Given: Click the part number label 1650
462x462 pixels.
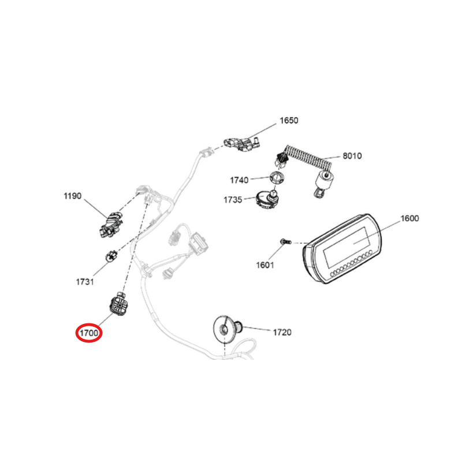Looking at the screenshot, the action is pyautogui.click(x=289, y=121).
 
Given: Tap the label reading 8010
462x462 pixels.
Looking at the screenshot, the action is pyautogui.click(x=352, y=155).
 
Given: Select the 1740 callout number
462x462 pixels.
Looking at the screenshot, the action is pyautogui.click(x=239, y=180).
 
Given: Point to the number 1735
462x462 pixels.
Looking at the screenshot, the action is pyautogui.click(x=233, y=200).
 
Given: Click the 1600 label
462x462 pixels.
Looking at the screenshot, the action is pyautogui.click(x=409, y=218).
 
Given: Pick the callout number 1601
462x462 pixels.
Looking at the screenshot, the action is pyautogui.click(x=265, y=265).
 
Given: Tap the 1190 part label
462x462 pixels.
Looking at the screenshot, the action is pyautogui.click(x=73, y=196).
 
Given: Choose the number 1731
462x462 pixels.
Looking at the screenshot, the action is pyautogui.click(x=85, y=282).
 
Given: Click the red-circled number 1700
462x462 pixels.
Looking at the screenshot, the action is pyautogui.click(x=89, y=333).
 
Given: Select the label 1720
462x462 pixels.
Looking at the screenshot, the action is pyautogui.click(x=282, y=333).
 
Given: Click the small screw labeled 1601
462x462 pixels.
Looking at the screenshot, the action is pyautogui.click(x=285, y=242).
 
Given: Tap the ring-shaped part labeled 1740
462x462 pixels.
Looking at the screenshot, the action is pyautogui.click(x=277, y=178).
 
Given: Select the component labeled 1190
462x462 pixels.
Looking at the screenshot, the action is pyautogui.click(x=111, y=225).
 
